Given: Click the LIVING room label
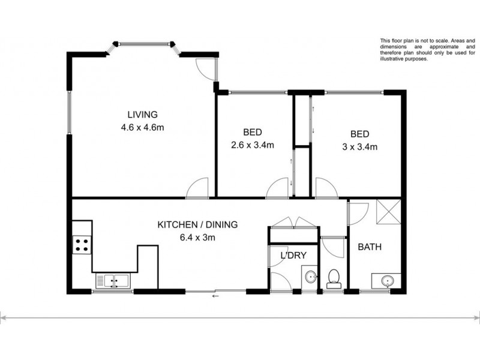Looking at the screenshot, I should (x=142, y=115).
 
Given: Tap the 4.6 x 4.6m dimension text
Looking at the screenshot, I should (x=142, y=127).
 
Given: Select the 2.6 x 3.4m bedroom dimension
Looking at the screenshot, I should (x=253, y=145).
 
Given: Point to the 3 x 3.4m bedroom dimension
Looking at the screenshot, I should (x=356, y=146).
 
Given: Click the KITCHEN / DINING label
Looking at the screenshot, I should (x=197, y=225).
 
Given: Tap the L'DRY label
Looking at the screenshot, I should (x=294, y=256).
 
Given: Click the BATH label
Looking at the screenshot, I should (x=370, y=247).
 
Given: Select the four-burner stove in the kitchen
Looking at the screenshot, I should (x=82, y=244).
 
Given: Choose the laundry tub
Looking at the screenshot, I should (x=310, y=277).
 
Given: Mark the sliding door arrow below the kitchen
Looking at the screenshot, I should (x=214, y=296).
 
